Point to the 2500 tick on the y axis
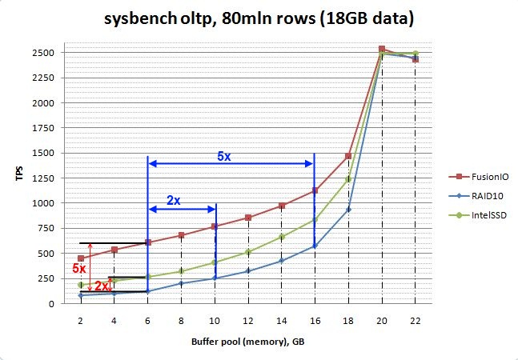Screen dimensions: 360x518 point(42,53)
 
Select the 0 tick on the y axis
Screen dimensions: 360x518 point(50,304)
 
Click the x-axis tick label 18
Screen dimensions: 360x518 point(348,319)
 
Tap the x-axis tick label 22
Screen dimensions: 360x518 point(415,319)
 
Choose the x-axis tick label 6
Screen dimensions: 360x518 point(147,319)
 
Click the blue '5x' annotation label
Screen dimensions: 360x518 point(224,157)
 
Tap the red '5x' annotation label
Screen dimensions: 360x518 point(79,268)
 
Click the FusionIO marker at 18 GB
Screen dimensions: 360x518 point(348,156)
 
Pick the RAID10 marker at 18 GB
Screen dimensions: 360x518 point(348,210)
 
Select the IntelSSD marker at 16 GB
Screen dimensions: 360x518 point(315,220)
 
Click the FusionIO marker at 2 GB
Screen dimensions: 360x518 point(81,258)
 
